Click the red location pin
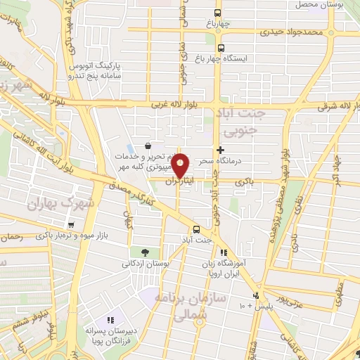coord(181,165)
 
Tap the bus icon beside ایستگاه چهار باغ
coord(221,49)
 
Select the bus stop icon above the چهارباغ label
coord(218,13)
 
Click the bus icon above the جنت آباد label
coord(196,229)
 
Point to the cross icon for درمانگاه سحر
coord(221,150)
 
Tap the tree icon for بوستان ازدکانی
coord(145,252)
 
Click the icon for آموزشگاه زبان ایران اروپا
coord(223,252)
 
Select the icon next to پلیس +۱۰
coord(257,295)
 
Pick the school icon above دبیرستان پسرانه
coord(108,319)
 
